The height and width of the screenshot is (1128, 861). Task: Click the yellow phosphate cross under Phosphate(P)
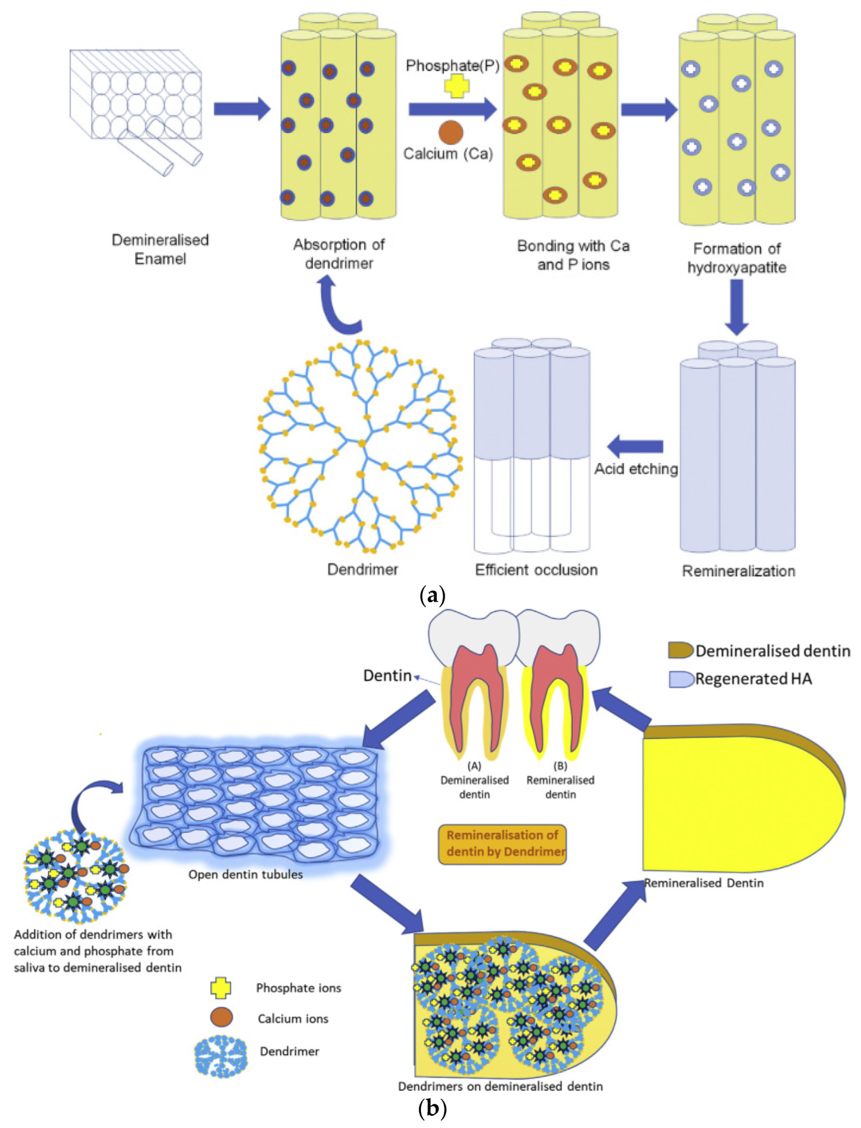(456, 86)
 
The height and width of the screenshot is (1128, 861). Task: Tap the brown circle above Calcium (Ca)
(451, 132)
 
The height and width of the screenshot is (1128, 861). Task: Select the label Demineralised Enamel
(160, 249)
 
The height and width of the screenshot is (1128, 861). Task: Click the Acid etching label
(636, 469)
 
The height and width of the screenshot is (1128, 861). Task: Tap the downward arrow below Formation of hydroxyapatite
(737, 308)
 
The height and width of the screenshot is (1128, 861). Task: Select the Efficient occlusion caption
(536, 570)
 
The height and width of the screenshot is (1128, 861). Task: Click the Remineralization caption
(738, 571)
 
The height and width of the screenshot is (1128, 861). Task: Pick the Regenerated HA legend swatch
(681, 679)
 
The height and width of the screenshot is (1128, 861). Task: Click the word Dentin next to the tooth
(387, 675)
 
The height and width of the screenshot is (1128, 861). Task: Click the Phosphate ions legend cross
(221, 988)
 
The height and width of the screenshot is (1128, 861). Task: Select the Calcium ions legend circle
(221, 1018)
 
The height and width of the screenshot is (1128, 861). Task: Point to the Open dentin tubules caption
(245, 874)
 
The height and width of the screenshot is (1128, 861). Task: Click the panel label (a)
(432, 596)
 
